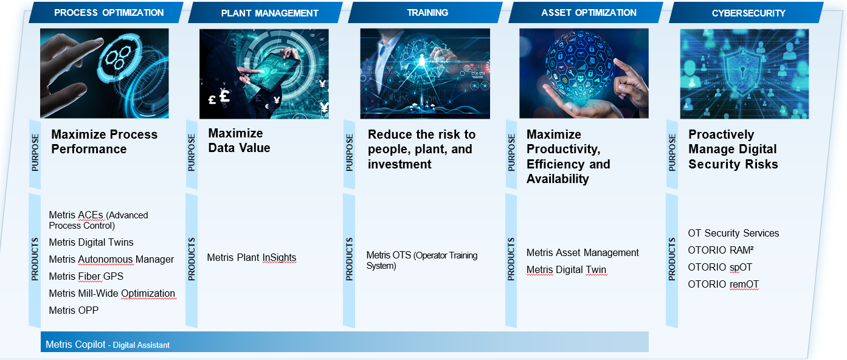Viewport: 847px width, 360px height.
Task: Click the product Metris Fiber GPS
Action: (86, 277)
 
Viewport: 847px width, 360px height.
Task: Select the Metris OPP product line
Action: (74, 311)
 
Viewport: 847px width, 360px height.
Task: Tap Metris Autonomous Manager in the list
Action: (111, 260)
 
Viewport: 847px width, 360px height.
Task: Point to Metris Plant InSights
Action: (252, 257)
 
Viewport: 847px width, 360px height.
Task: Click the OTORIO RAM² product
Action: (721, 250)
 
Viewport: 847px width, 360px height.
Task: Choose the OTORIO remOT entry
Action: (724, 285)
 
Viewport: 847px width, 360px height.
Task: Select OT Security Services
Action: (733, 233)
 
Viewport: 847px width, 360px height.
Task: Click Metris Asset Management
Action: (583, 252)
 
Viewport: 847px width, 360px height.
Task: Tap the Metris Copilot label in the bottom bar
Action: (75, 345)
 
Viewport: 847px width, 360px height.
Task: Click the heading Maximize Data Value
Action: (239, 140)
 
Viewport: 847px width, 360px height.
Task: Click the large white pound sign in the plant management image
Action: (224, 95)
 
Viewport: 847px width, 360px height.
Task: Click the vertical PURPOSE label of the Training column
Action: (349, 153)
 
